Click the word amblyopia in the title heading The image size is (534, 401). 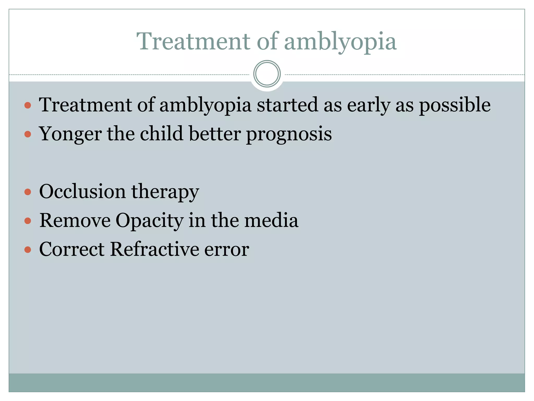(340, 42)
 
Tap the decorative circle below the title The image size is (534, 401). (267, 74)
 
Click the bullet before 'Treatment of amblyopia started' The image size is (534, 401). (28, 105)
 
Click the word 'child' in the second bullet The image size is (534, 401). (161, 134)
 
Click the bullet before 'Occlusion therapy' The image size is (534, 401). (28, 192)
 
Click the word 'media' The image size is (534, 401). (271, 221)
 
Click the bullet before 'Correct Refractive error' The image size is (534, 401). (28, 250)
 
